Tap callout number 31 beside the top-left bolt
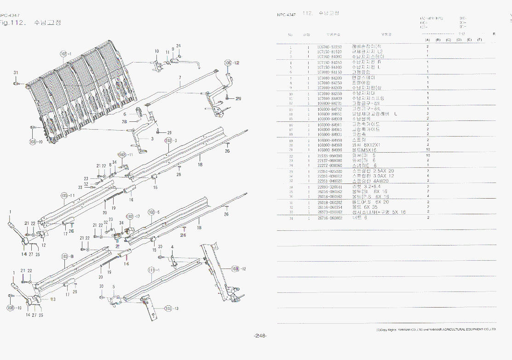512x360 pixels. (16, 73)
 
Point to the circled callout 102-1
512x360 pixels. (66, 54)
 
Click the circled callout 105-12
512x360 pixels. (231, 63)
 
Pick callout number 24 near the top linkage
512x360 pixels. (178, 46)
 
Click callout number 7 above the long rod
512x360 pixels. (180, 78)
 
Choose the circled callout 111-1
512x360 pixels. (154, 270)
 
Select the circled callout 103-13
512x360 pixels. (171, 308)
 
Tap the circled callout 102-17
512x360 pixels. (133, 216)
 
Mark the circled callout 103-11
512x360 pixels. (68, 196)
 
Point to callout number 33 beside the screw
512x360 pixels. (80, 187)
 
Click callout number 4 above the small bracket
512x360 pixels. (172, 247)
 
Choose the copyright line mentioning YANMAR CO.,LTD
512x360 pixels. (436, 330)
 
